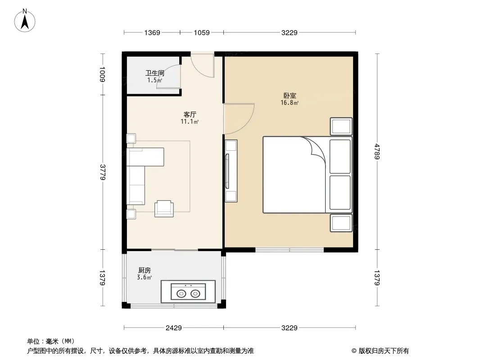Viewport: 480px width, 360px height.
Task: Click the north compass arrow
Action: tap(25, 21)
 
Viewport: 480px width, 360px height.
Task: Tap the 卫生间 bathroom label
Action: tap(154, 73)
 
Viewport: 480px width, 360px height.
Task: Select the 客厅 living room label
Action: tap(190, 114)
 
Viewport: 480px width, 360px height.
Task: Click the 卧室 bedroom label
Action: tap(290, 96)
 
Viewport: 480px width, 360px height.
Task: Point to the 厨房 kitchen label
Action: tap(145, 270)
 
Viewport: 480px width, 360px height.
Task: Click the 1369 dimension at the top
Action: tap(152, 32)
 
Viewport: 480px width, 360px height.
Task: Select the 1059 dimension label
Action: tap(202, 32)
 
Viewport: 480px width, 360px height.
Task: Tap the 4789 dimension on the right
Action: tap(377, 152)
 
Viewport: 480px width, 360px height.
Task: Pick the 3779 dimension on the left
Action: tap(103, 172)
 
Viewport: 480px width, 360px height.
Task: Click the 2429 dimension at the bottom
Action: tap(173, 328)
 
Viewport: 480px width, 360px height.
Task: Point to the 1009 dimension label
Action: tap(103, 74)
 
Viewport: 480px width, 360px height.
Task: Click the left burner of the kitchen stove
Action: tap(181, 294)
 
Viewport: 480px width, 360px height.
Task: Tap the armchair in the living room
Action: tap(164, 209)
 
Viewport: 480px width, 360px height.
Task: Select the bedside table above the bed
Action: tap(341, 126)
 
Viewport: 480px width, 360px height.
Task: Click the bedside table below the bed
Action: tap(341, 223)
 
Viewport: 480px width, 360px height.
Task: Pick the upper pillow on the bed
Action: tap(340, 157)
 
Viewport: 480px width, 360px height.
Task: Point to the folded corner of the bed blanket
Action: tap(315, 147)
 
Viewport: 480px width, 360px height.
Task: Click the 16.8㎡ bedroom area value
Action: tap(290, 103)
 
